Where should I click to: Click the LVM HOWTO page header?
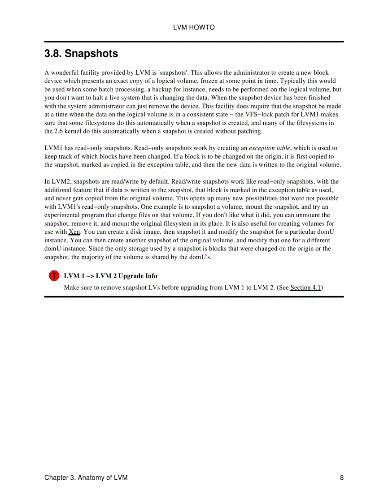click(194, 27)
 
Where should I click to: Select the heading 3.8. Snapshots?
click(81, 54)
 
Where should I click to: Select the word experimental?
click(63, 215)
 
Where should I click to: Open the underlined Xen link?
click(74, 232)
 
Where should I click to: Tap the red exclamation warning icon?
click(54, 276)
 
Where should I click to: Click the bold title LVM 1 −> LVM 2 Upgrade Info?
click(110, 276)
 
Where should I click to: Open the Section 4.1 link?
click(305, 288)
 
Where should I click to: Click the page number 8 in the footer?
click(342, 477)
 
